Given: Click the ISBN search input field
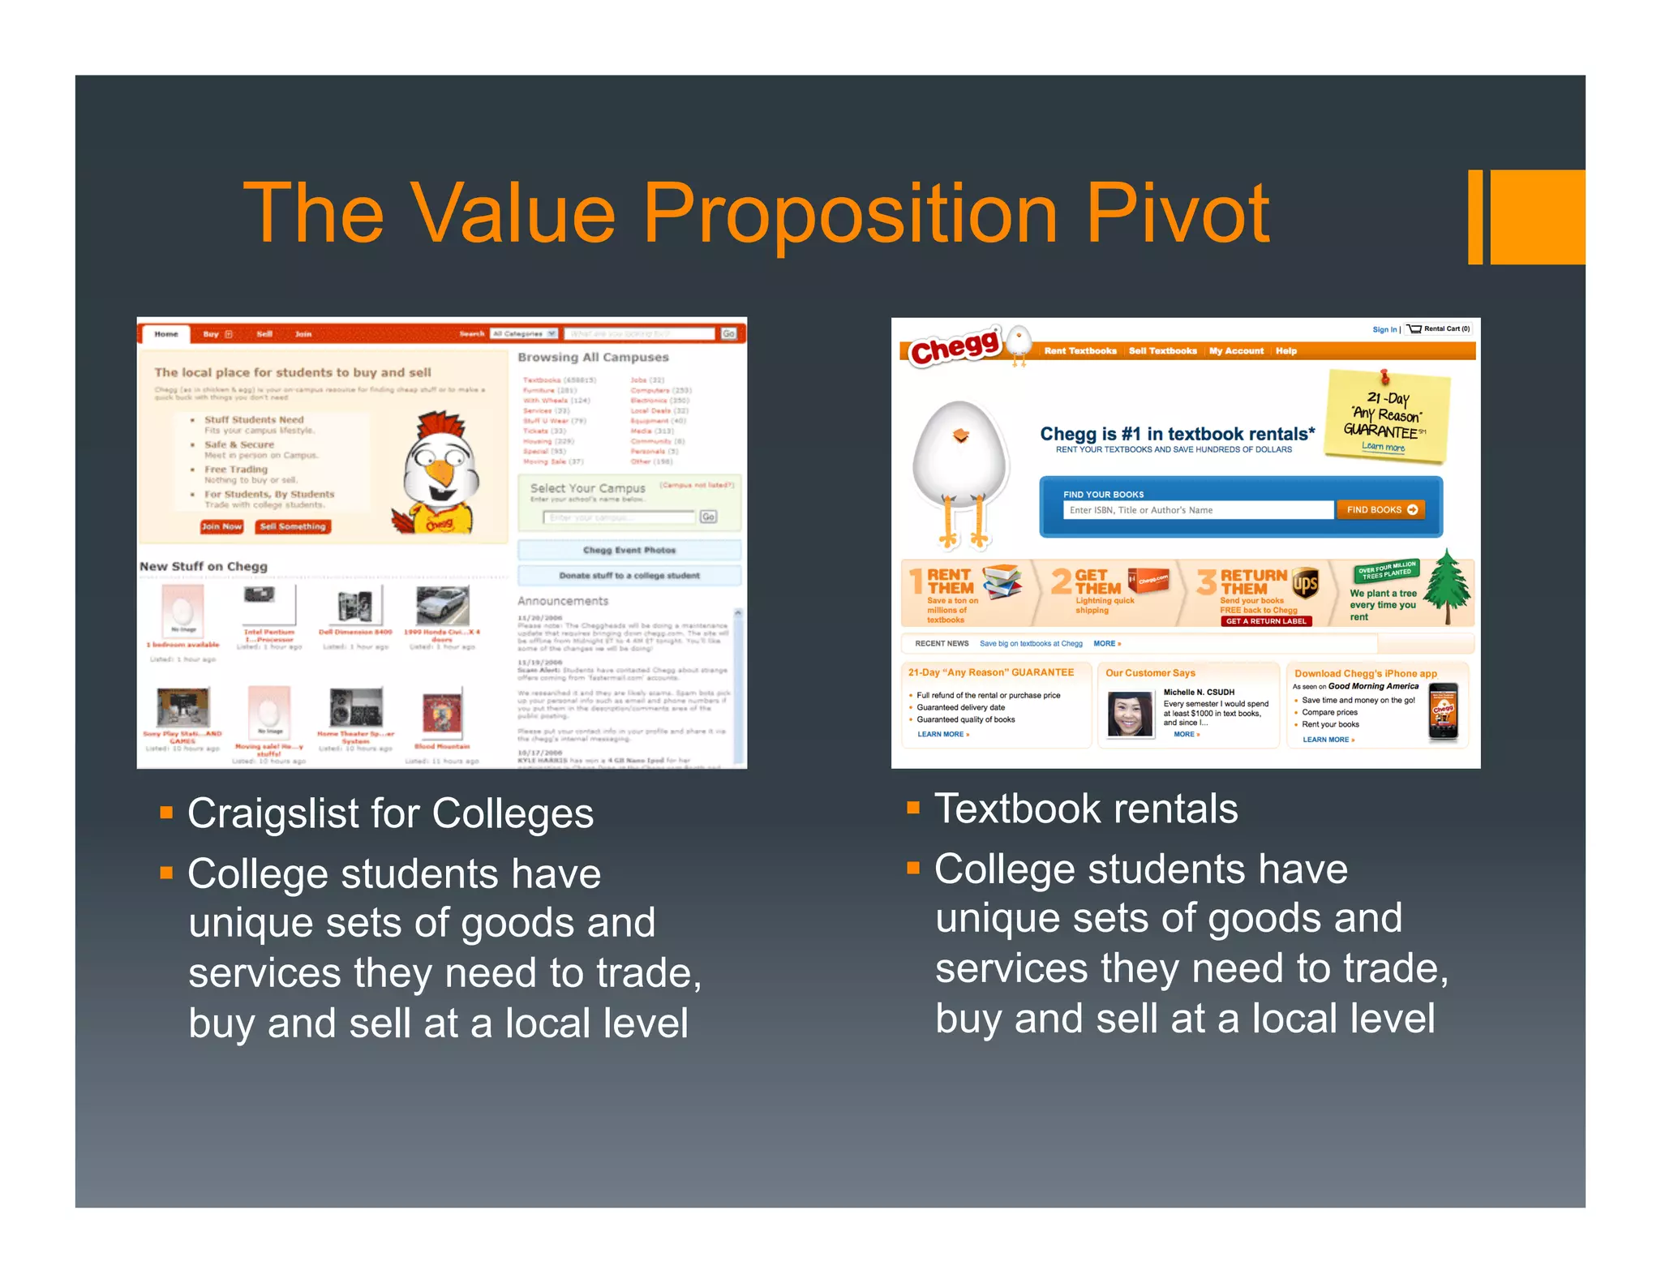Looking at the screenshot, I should point(1197,510).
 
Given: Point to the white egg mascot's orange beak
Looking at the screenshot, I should point(961,436).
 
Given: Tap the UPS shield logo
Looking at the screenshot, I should point(1305,583).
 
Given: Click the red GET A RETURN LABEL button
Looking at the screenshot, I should point(1265,621).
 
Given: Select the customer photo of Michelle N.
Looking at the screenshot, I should point(1130,714).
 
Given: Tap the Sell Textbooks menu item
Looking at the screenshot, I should point(1162,351).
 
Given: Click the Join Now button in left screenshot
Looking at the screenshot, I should point(221,526).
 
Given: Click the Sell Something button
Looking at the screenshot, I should point(293,526).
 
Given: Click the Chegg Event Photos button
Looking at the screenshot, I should point(629,550).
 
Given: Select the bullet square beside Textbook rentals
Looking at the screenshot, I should point(913,808).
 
